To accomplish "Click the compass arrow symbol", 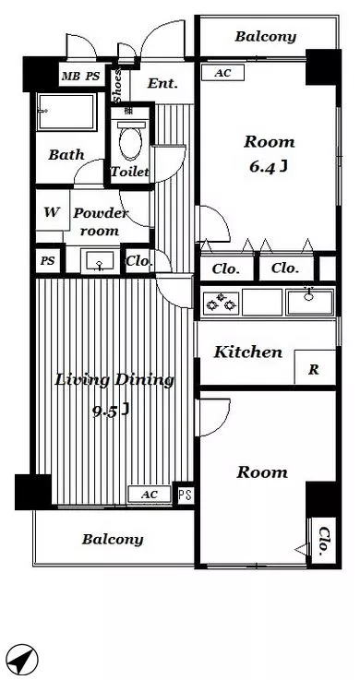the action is click(x=22, y=661).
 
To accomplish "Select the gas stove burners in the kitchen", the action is click(x=221, y=303).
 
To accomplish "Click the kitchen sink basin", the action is click(x=309, y=302).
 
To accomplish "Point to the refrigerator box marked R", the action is click(x=315, y=367).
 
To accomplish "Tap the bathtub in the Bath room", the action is click(x=66, y=112).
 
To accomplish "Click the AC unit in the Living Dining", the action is click(x=150, y=494).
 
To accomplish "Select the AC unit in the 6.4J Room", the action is click(x=223, y=73).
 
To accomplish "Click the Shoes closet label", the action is click(x=118, y=86).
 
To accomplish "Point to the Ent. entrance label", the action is click(x=162, y=83).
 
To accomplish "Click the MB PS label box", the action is click(x=81, y=77).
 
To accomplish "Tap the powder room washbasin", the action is click(x=100, y=261).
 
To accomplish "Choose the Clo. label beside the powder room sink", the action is click(x=139, y=261).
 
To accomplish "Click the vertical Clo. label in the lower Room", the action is click(x=323, y=542).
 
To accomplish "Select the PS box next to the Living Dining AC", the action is click(x=185, y=495).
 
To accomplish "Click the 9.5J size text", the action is click(x=111, y=411).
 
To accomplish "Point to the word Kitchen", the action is click(x=247, y=352).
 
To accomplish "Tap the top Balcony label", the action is click(x=266, y=37).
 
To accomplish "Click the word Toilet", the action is click(x=129, y=172).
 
